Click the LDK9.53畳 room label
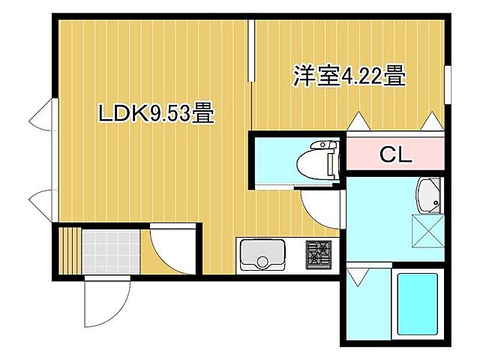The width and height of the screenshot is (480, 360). pos(156,115)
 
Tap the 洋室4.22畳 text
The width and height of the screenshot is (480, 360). pos(349,76)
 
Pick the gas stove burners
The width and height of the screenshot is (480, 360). pos(319,253)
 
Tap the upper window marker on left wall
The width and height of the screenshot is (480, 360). pos(41,120)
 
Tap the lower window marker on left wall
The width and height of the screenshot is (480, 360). pos(41,204)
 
